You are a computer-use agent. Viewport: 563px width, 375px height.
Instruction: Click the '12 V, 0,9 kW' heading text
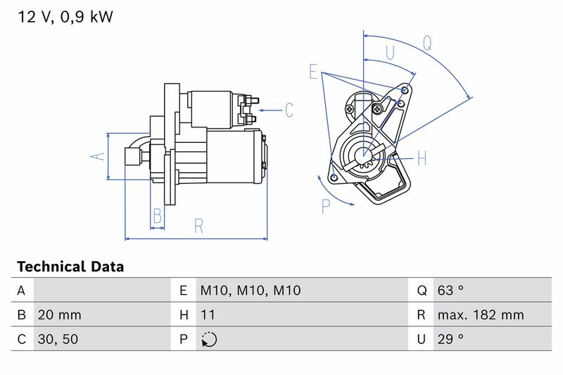(65, 16)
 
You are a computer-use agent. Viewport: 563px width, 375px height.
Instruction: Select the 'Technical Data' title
(70, 267)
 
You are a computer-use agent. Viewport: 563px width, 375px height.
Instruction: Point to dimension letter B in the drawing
(158, 215)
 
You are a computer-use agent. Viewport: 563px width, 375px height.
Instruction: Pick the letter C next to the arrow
(289, 110)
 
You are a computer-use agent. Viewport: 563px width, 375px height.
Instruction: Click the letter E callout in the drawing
(314, 72)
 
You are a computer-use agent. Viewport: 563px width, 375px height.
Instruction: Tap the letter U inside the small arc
(390, 53)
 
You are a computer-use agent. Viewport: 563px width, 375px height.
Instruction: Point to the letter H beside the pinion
(422, 158)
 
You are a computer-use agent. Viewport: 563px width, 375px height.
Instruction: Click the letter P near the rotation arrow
(326, 206)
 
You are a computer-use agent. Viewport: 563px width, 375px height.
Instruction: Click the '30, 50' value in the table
(58, 339)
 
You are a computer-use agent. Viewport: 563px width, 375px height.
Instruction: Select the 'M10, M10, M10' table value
(251, 290)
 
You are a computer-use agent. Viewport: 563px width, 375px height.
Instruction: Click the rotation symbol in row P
(209, 339)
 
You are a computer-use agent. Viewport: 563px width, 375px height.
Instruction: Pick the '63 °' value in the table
(450, 290)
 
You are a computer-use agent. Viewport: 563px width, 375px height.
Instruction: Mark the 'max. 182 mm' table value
(479, 314)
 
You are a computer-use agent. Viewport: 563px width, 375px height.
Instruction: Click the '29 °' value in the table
(450, 339)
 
